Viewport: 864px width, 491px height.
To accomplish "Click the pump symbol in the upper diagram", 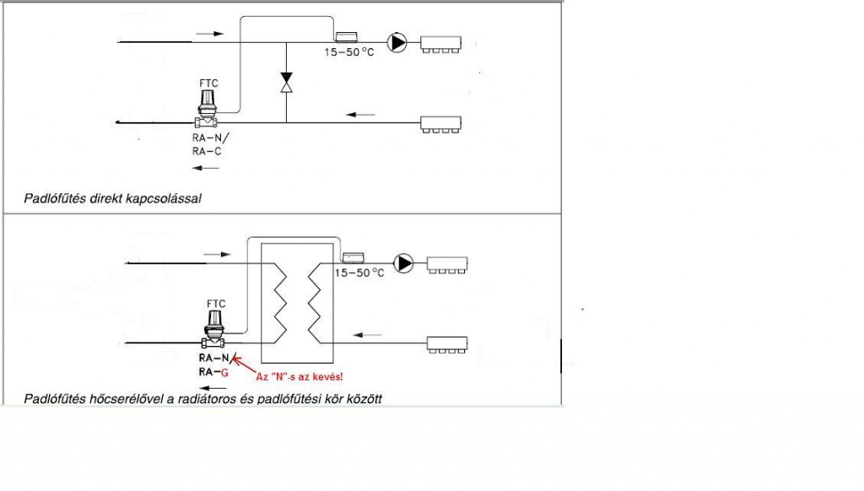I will click(395, 40).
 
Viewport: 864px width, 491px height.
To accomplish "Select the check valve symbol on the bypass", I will click(286, 83).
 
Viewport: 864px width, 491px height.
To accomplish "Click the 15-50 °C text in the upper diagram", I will click(349, 52).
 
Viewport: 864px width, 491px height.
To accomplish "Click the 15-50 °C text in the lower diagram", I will click(359, 273).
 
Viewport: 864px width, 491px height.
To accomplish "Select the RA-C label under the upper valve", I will click(207, 153).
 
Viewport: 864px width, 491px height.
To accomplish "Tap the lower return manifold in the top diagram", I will click(442, 125).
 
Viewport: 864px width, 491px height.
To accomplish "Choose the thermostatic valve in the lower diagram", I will click(215, 330).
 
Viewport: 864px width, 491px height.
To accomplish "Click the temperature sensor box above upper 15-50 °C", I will click(348, 37).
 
